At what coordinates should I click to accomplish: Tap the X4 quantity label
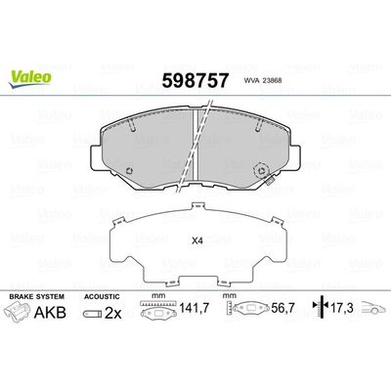195,241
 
